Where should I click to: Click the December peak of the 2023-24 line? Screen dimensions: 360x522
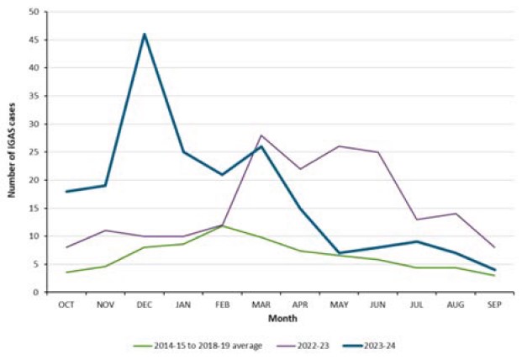145,34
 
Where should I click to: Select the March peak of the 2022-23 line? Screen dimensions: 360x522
261,135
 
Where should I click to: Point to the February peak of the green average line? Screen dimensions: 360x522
223,225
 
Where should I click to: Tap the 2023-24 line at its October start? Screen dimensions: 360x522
66,192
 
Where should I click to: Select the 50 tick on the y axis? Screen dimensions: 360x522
34,12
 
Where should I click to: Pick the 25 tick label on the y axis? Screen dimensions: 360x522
34,152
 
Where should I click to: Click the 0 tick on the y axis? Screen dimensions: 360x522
37,293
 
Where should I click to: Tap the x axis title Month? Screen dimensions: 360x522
280,319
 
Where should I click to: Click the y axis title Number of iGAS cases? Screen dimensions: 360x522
12,153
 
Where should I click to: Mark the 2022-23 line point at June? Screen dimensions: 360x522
378,152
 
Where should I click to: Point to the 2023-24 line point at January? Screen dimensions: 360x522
183,152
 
